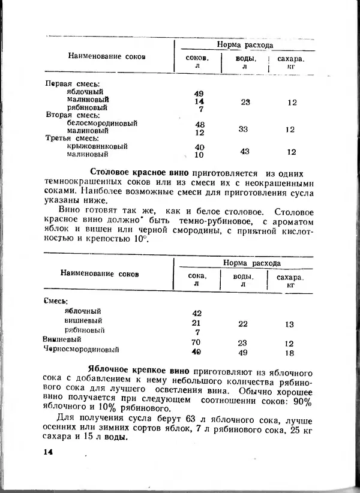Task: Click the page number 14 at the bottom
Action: (x=49, y=452)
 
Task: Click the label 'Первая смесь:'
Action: (x=73, y=84)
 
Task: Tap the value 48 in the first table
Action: (x=200, y=124)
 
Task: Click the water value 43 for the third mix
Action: (x=244, y=151)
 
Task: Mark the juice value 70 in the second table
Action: (x=196, y=342)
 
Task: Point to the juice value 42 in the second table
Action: (x=196, y=313)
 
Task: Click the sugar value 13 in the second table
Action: (x=289, y=324)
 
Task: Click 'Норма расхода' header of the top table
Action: (x=244, y=45)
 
